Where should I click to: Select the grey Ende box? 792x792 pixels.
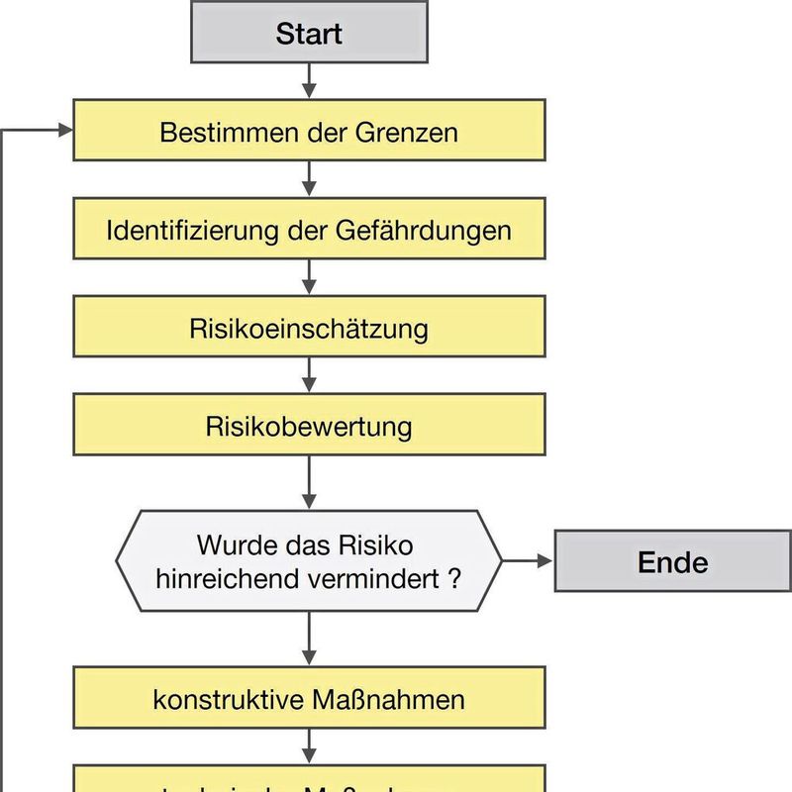point(672,562)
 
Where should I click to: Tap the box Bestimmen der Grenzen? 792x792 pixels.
point(309,131)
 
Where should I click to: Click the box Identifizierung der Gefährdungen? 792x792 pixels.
point(309,230)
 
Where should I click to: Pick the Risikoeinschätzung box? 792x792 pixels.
point(309,329)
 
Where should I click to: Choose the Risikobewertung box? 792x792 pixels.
point(309,428)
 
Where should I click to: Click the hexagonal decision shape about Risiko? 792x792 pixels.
point(309,561)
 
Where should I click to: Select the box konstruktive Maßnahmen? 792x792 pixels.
point(309,699)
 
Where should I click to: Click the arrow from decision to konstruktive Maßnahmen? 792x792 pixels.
point(309,639)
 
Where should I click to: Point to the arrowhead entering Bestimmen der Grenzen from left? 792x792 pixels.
point(66,131)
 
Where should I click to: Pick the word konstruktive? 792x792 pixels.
point(212,700)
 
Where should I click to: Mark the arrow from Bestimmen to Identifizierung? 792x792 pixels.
point(309,178)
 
